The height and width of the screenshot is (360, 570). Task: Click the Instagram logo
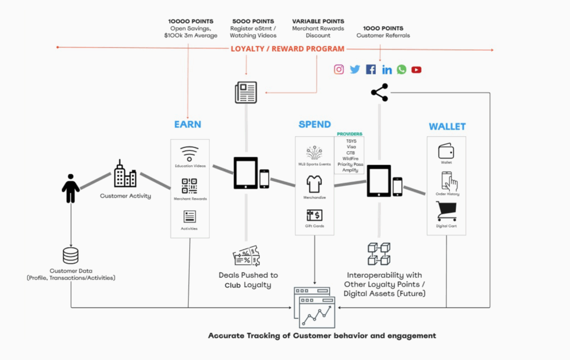339,70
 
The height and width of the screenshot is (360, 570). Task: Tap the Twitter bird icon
355,70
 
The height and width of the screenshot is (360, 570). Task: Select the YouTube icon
416,70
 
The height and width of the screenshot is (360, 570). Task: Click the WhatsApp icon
401,70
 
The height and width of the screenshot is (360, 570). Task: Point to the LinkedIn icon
387,70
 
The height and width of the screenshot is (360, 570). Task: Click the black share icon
380,92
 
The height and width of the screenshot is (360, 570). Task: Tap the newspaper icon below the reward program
245,91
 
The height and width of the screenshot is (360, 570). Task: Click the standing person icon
71,188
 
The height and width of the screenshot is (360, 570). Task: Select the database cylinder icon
71,255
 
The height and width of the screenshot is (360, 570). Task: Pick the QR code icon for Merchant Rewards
189,186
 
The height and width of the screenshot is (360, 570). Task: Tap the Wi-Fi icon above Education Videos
189,154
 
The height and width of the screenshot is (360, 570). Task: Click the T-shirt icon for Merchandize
315,183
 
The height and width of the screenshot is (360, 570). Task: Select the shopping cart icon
446,211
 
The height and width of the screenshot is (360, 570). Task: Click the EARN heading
188,125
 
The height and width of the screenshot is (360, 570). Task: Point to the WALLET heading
447,126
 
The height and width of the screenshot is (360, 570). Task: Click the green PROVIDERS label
350,134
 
